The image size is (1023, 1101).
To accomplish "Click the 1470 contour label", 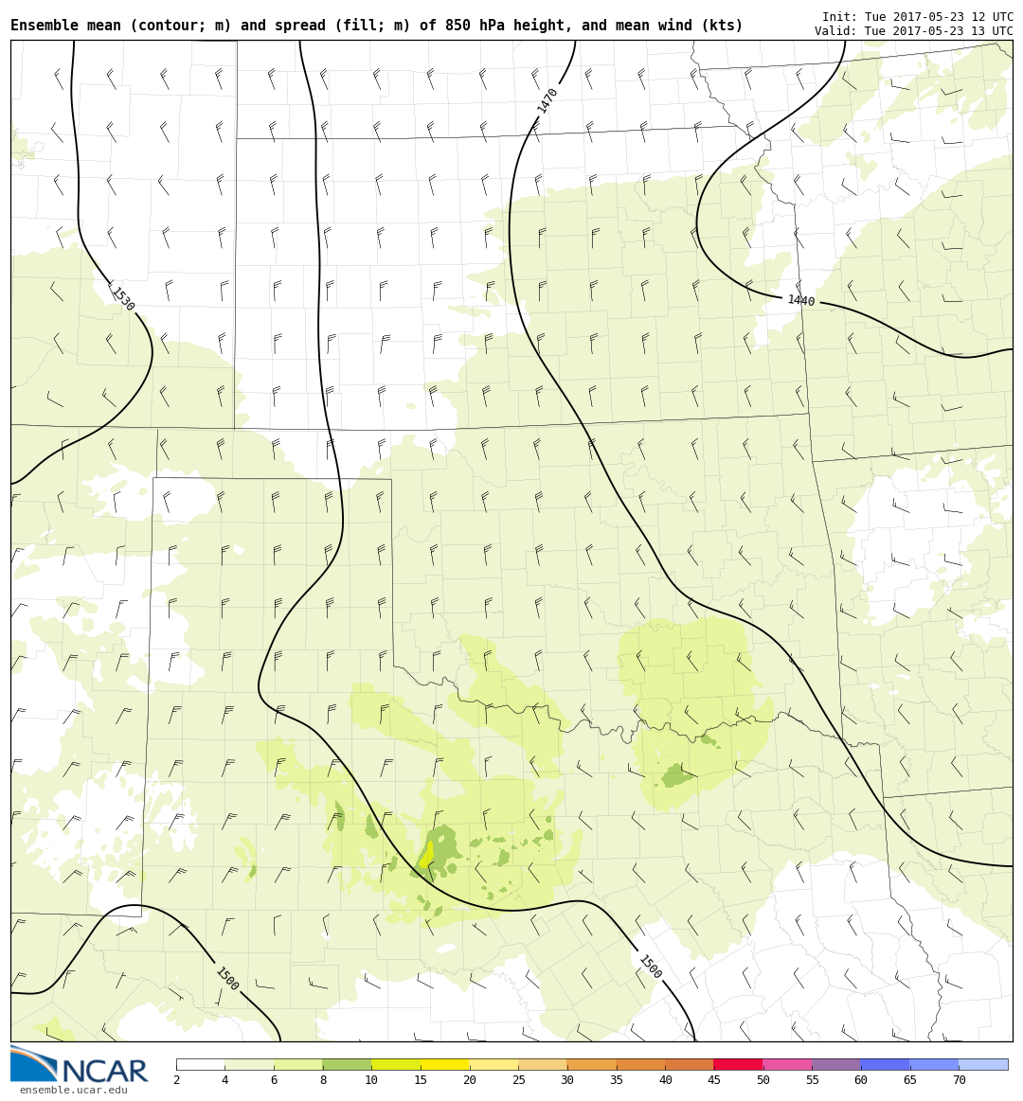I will [x=547, y=100].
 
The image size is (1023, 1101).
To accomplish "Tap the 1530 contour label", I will [x=122, y=299].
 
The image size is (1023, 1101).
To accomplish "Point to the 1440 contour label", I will [x=800, y=301].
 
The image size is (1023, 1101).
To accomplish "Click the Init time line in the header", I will [x=917, y=17].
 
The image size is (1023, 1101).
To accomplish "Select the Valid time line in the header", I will [x=913, y=31].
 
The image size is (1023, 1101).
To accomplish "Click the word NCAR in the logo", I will [x=104, y=1072].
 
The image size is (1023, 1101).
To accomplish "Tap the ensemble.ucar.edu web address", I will [x=73, y=1091].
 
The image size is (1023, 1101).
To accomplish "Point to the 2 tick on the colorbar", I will [x=176, y=1080].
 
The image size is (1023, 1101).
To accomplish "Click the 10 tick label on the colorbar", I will [x=371, y=1080].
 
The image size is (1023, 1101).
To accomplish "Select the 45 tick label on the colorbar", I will [x=713, y=1080].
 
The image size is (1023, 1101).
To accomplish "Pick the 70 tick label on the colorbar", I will [x=959, y=1080].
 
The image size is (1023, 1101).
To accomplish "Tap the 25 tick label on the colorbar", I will [x=518, y=1080].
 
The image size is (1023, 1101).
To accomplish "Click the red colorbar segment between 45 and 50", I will [x=738, y=1064].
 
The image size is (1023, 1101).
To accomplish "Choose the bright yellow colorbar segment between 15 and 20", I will [x=445, y=1064].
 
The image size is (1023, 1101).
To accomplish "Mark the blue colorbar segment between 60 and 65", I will [x=885, y=1064].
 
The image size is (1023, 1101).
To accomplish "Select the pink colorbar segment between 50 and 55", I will [x=787, y=1064].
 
